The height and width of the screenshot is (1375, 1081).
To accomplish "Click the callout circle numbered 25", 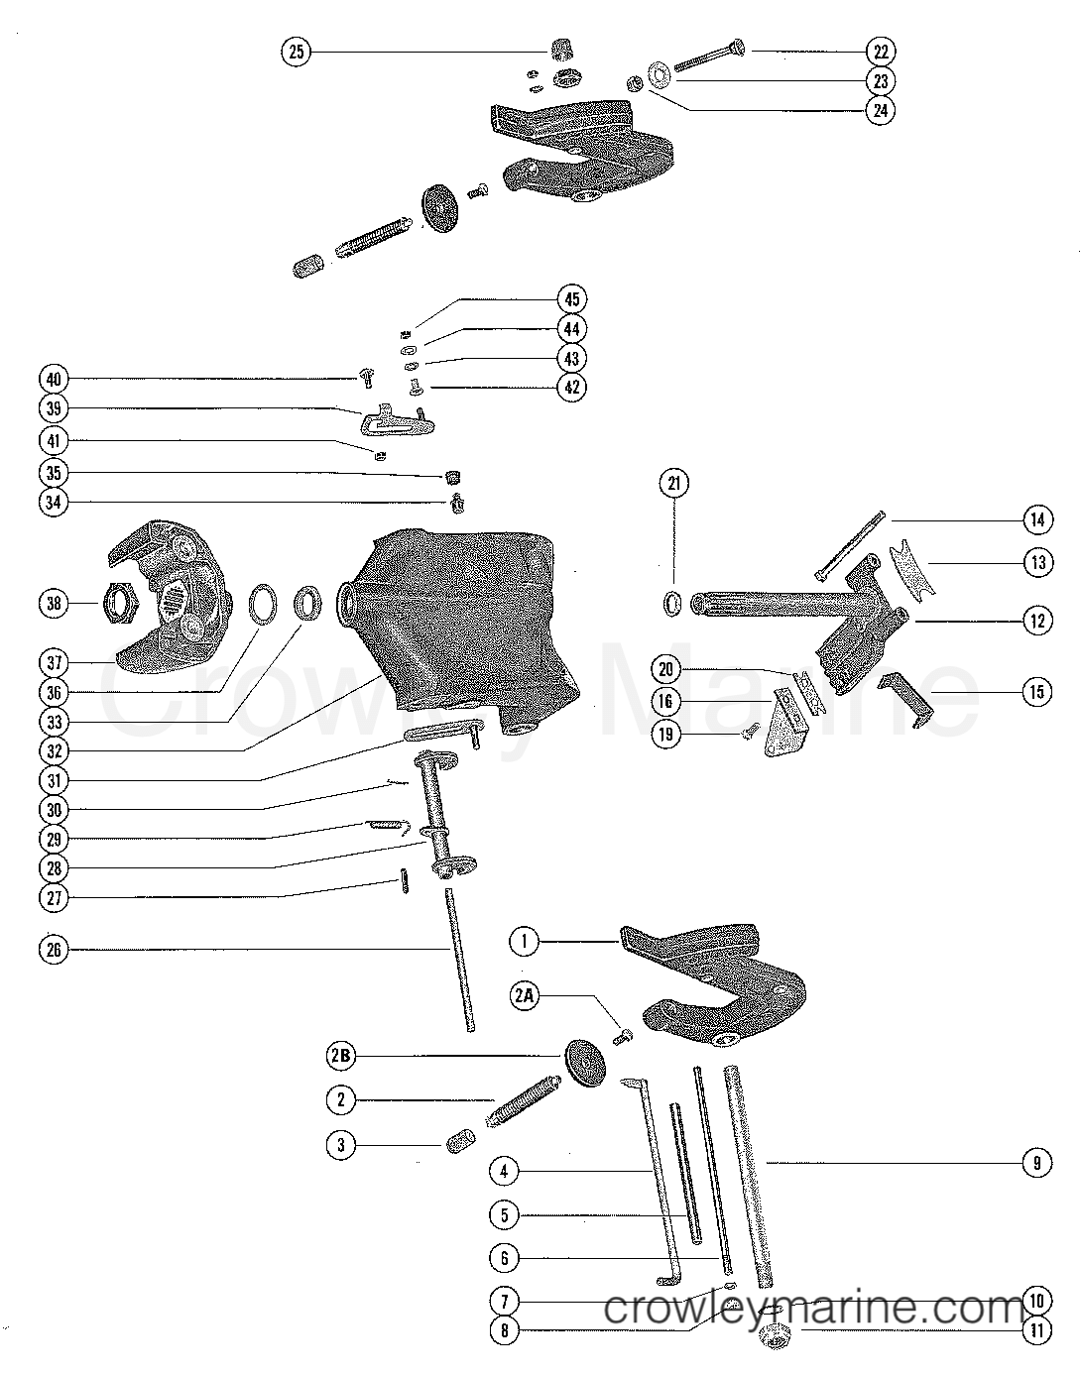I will click(x=297, y=52).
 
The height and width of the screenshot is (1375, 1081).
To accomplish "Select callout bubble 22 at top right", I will click(x=880, y=51).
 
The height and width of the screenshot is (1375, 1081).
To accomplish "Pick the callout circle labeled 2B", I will click(x=341, y=1058).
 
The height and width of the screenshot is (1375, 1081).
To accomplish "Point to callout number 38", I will click(x=56, y=602).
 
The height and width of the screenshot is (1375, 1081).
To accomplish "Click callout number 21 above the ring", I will click(x=675, y=484).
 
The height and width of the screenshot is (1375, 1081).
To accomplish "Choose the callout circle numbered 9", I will click(x=1036, y=1162).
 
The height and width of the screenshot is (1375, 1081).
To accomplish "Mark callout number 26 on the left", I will click(x=56, y=951).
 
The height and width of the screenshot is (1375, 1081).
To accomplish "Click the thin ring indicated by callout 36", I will click(x=265, y=604).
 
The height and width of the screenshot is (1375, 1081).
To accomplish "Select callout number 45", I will click(x=571, y=298).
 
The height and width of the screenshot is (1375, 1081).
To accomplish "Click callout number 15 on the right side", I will click(x=1036, y=692).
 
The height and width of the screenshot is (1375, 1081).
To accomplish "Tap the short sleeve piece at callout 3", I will click(x=462, y=1146).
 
